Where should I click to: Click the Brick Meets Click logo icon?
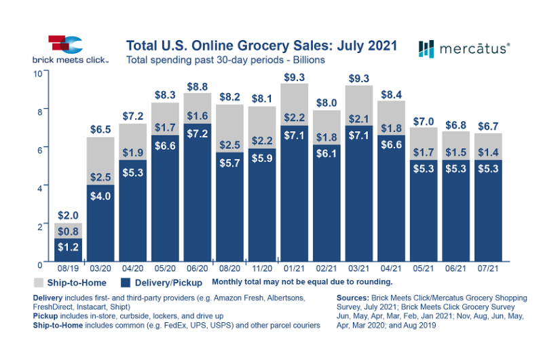(65, 44)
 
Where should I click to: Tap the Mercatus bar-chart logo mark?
(426, 49)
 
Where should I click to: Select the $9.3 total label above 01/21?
(294, 77)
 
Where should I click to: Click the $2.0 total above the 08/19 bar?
(68, 215)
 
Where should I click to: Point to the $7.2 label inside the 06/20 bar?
(198, 133)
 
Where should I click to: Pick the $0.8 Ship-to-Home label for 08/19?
(68, 231)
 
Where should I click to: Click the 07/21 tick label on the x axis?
(488, 269)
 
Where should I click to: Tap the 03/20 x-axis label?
(100, 269)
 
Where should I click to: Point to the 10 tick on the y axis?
(38, 73)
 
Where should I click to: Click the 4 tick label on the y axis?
(40, 188)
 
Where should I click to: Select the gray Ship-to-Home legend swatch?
(39, 283)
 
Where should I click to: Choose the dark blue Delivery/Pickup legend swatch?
(126, 283)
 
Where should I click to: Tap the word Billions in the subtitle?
(309, 60)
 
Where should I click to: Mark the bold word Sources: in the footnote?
(353, 298)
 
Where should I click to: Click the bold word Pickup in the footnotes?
(45, 316)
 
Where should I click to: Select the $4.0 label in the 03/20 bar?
(100, 196)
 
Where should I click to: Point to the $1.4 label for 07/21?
(488, 152)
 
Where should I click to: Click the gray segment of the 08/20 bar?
(229, 128)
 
